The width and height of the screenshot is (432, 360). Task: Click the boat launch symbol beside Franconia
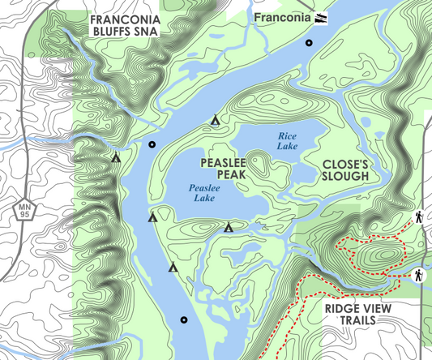point(322,17)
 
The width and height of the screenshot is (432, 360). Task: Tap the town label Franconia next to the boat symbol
point(283,17)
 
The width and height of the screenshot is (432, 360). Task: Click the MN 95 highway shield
point(26,210)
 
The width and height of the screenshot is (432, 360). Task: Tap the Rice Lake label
point(288,140)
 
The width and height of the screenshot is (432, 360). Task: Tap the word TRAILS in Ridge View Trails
point(357,321)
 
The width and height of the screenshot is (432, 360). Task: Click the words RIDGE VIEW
point(357,308)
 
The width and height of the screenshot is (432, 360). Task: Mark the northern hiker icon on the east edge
point(420,217)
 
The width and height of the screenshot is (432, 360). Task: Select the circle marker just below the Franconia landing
point(308,43)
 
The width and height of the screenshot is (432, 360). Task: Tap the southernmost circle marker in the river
point(184,319)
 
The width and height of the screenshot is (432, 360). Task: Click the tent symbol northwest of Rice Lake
point(216,121)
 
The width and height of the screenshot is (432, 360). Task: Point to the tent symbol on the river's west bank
point(116,158)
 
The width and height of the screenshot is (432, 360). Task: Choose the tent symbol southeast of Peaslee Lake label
point(229,227)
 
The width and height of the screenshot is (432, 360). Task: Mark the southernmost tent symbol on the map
point(173,267)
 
